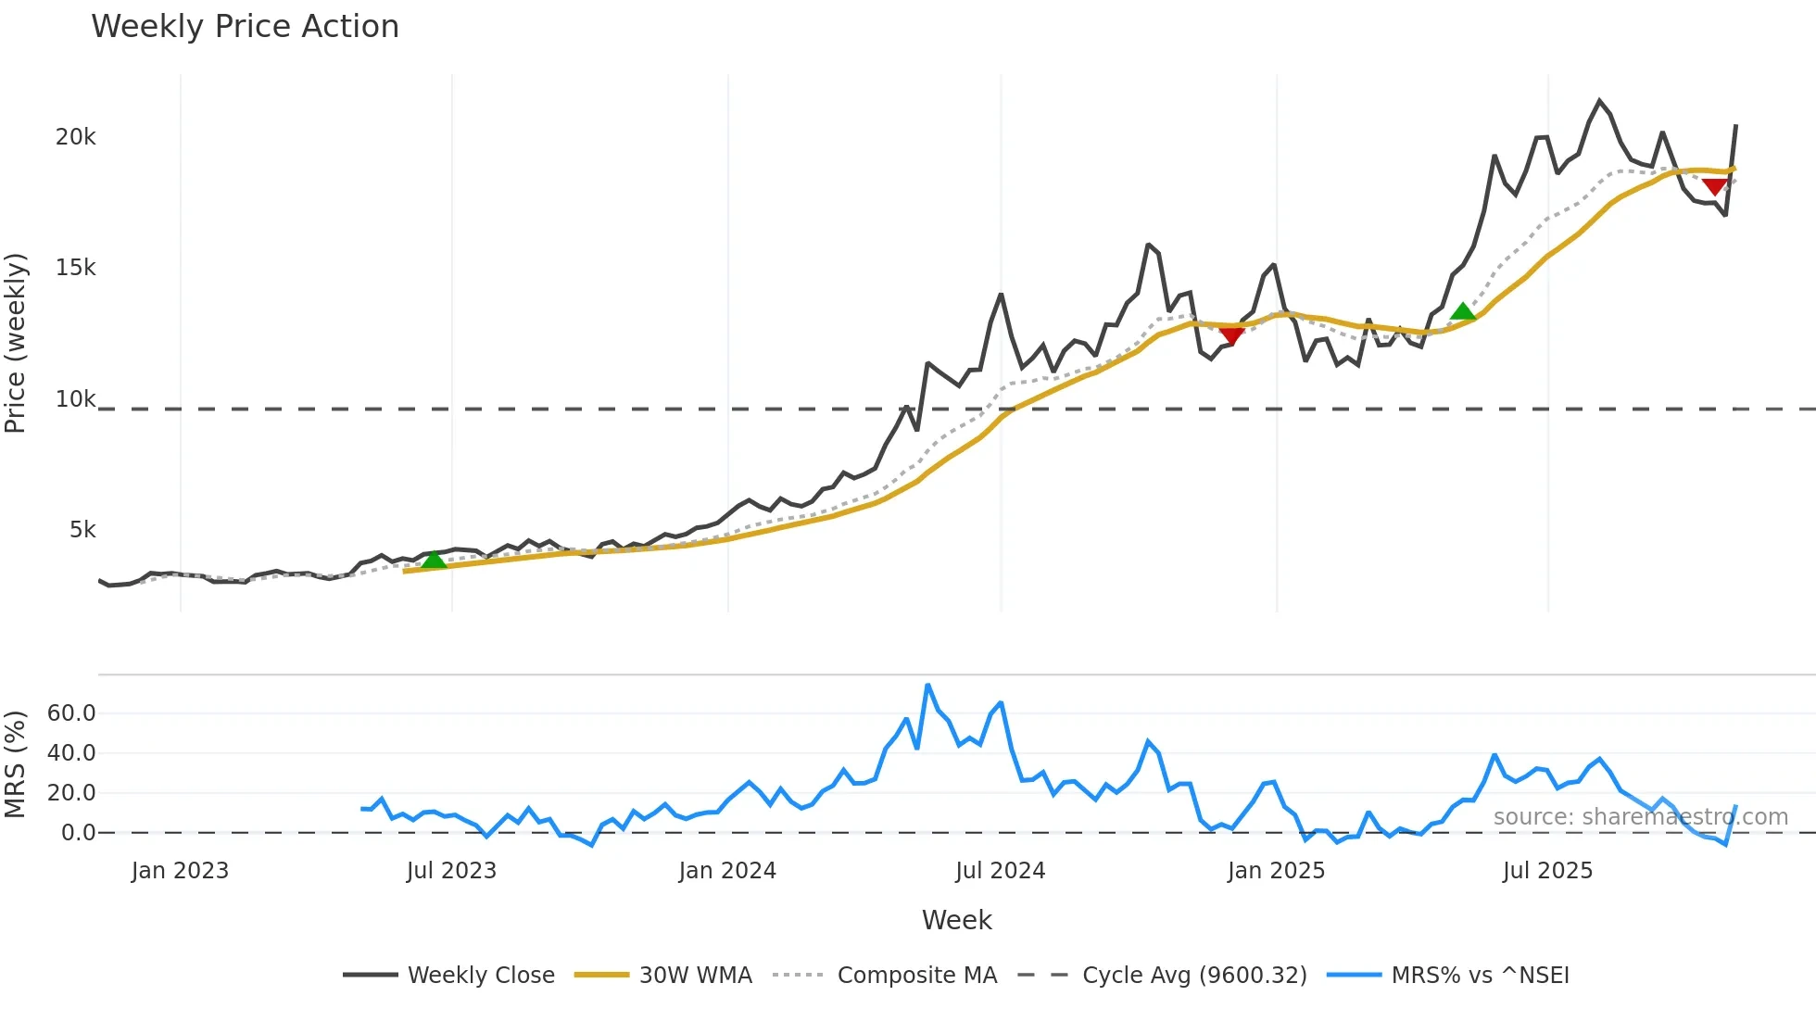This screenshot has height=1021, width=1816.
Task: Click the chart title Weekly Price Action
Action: (245, 27)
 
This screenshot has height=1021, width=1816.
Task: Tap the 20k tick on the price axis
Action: (76, 137)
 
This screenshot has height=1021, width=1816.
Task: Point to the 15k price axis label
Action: (76, 268)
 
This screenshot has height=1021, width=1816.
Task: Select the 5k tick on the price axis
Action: (82, 530)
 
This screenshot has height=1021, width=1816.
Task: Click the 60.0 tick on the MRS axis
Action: (71, 713)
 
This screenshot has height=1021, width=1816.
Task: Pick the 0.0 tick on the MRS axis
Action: (79, 833)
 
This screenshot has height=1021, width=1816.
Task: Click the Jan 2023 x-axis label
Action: (180, 871)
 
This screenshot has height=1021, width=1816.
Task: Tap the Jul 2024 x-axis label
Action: (1000, 871)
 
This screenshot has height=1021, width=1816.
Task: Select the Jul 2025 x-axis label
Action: (1547, 871)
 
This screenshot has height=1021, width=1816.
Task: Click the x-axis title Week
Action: (956, 920)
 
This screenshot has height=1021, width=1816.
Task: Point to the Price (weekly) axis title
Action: (16, 343)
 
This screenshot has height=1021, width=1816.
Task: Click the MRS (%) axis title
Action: (16, 764)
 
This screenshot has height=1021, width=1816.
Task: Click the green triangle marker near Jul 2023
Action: (434, 560)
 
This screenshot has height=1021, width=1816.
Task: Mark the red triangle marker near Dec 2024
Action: (1231, 334)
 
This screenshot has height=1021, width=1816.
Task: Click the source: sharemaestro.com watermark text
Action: (1640, 817)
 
